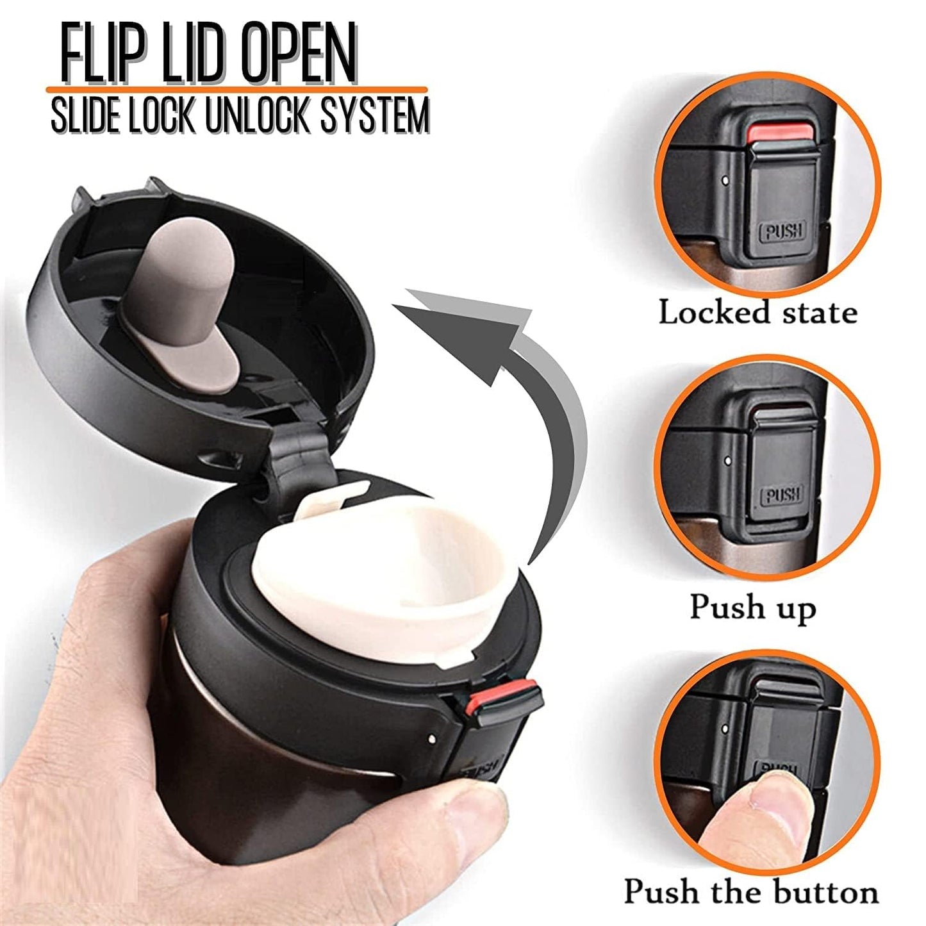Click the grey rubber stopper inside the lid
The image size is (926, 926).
click(186, 301)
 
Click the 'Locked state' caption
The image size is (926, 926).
click(757, 314)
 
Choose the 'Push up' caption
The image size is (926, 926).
click(752, 606)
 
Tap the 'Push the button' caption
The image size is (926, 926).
click(751, 893)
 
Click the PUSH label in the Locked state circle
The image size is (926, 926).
click(783, 231)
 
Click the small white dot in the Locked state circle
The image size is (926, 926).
click(725, 181)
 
